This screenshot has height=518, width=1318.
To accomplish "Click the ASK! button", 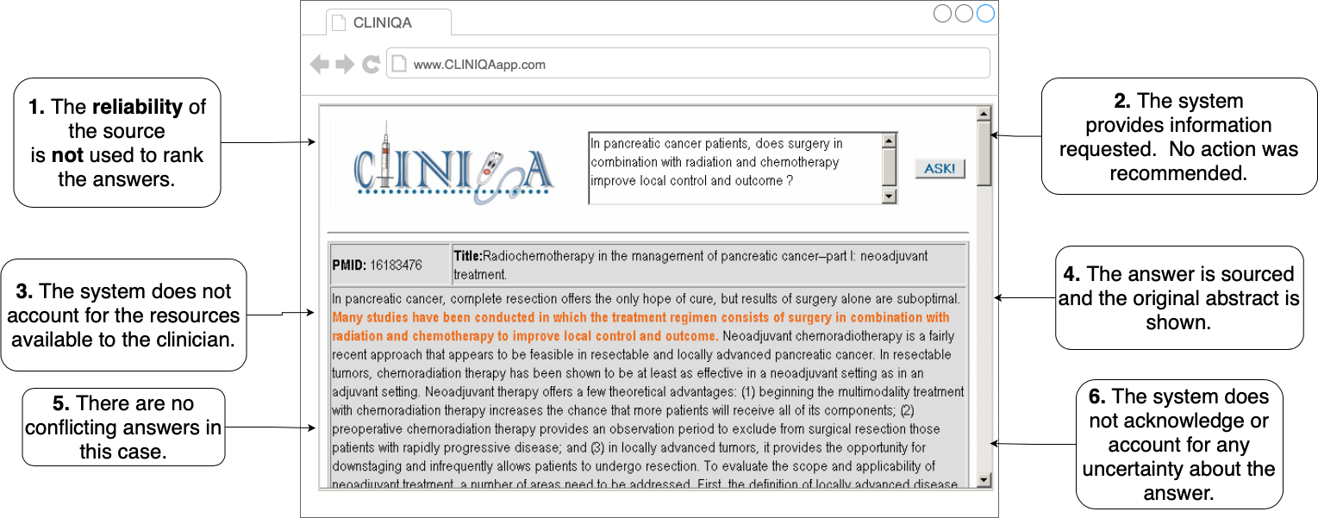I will point(940,168).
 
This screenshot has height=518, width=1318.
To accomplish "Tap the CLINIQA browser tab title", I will point(382,23).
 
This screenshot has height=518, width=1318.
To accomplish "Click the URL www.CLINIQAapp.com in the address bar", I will point(479,65).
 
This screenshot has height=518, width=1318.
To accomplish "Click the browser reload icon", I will point(371,64).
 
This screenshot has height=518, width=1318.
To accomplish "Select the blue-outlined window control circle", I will point(984,14).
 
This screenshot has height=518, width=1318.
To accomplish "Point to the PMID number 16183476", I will point(396,265).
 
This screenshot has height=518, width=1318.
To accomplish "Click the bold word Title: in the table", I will point(468,255).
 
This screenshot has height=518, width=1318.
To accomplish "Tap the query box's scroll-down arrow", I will point(890,197).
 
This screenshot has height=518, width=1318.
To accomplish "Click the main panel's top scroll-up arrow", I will point(983,114).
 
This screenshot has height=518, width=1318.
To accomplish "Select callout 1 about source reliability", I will point(117,142).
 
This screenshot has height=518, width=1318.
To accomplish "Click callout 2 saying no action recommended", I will point(1178,137).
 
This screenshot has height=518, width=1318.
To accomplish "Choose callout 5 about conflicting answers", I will point(123,427).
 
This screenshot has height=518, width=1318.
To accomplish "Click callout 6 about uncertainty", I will point(1178,445).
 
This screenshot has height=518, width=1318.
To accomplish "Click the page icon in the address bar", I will point(398,64).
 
